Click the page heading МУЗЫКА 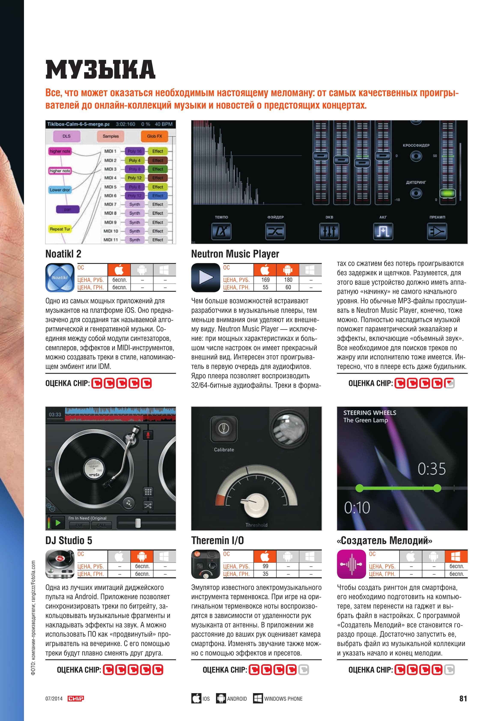tap(100, 69)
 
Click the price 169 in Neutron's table tap(265, 280)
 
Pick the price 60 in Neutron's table tap(288, 287)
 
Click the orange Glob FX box tap(154, 136)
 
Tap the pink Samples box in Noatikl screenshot tap(111, 136)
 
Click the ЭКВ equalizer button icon tap(329, 231)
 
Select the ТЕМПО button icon tap(221, 231)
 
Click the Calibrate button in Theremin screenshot tap(223, 429)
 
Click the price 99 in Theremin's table tap(265, 566)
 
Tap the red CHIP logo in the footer tap(76, 698)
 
